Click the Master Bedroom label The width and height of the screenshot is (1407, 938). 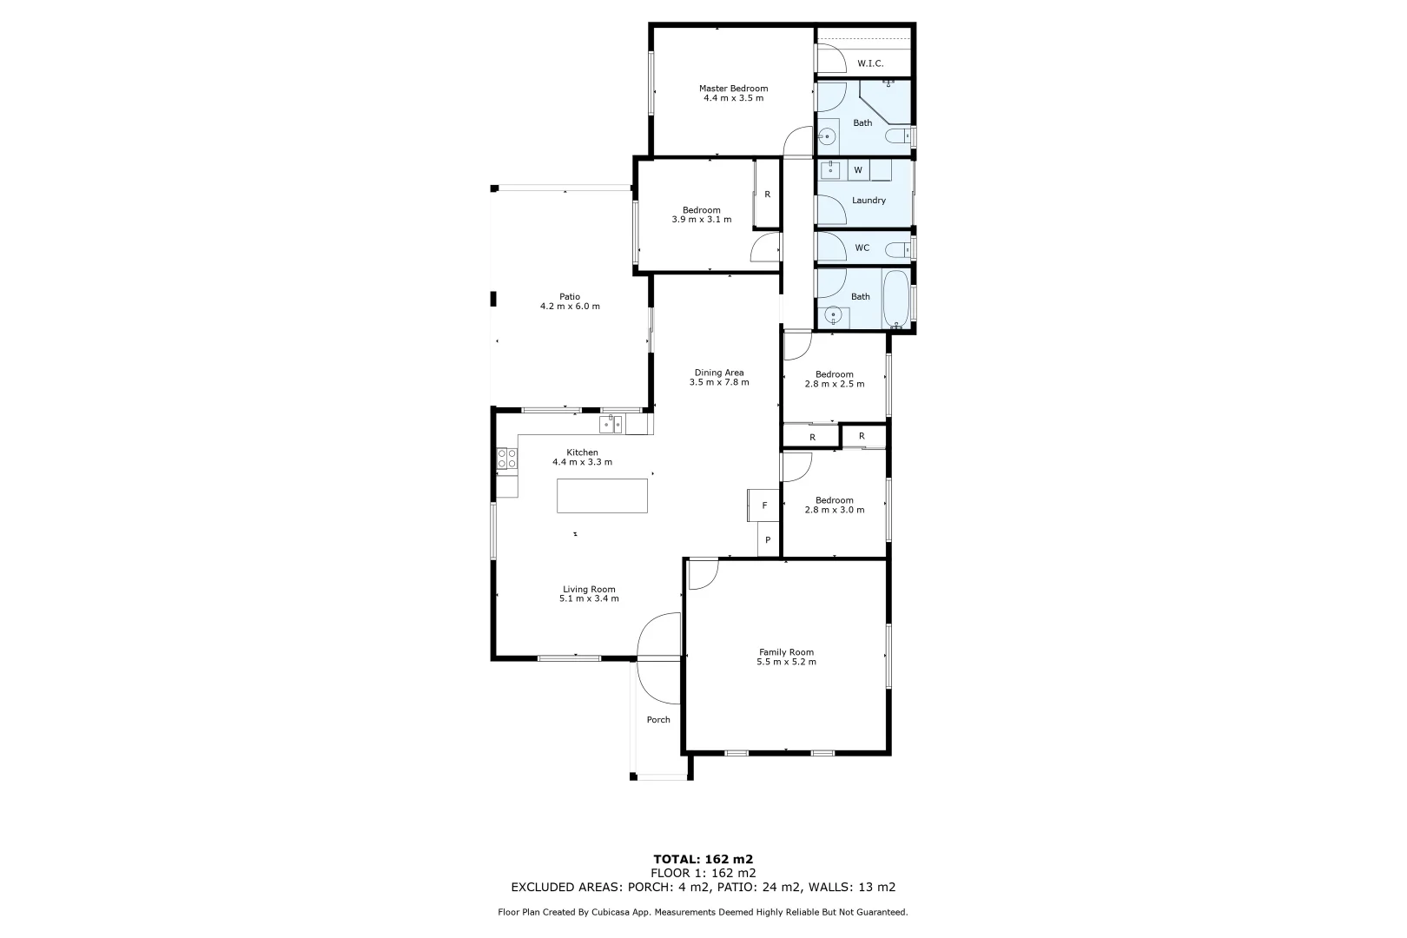click(x=733, y=89)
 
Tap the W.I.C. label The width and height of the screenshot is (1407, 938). click(x=870, y=63)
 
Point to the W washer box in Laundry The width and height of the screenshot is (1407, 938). click(x=858, y=170)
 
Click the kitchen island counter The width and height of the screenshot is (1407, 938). click(x=602, y=496)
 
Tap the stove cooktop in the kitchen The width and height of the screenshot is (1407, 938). click(x=507, y=459)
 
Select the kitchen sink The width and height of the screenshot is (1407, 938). click(x=611, y=424)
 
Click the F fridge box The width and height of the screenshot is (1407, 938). click(x=764, y=505)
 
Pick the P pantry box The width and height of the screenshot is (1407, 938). click(x=768, y=539)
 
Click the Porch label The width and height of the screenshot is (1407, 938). click(x=658, y=719)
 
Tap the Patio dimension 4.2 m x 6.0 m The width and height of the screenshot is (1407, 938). click(x=570, y=307)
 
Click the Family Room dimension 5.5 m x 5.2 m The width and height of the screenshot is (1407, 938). click(x=786, y=662)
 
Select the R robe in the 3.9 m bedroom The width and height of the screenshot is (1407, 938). click(x=767, y=195)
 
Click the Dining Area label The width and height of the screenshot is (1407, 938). click(x=718, y=373)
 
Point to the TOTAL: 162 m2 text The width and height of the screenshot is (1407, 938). click(x=703, y=859)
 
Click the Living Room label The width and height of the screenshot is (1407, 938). click(x=589, y=589)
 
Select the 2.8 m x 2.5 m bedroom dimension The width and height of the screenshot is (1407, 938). click(x=834, y=384)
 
